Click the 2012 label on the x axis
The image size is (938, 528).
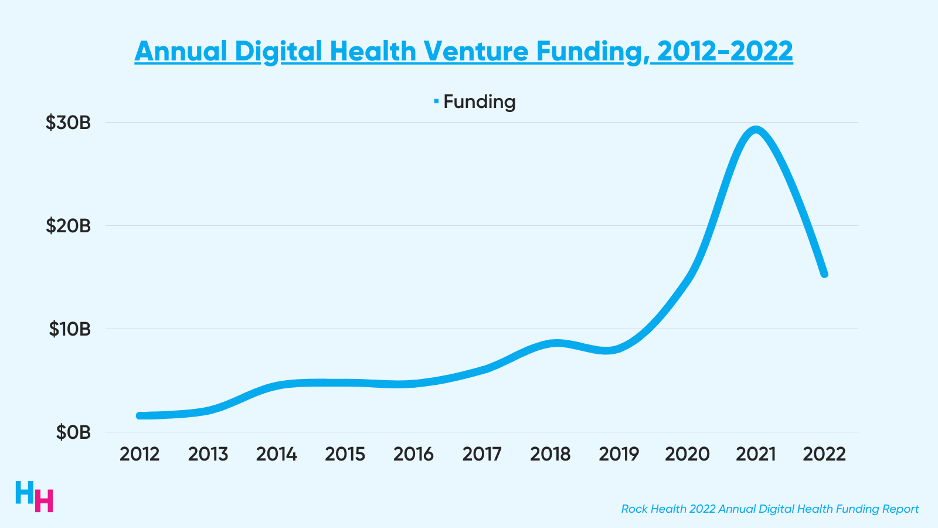pos(140,454)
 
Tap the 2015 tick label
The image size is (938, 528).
pos(345,454)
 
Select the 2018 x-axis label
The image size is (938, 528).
pos(550,454)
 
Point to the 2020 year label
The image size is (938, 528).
pos(687,454)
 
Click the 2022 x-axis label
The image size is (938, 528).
pos(824,454)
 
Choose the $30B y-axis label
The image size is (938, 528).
pos(69,123)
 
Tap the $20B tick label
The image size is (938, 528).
pos(69,226)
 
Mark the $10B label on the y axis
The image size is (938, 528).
pos(70,329)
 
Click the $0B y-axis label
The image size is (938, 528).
pos(73,432)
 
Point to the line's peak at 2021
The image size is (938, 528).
pos(756,130)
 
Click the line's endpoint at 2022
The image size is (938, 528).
pos(824,274)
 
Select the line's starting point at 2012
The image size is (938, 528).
pos(140,415)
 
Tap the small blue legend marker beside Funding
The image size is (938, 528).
pos(436,101)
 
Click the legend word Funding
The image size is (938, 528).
pos(480,101)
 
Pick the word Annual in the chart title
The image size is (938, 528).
pos(181,51)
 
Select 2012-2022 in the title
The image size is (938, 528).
pos(725,51)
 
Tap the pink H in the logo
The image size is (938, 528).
pos(44,500)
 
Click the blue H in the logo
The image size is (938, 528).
pos(25,492)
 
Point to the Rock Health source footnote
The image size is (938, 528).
pos(770,509)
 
